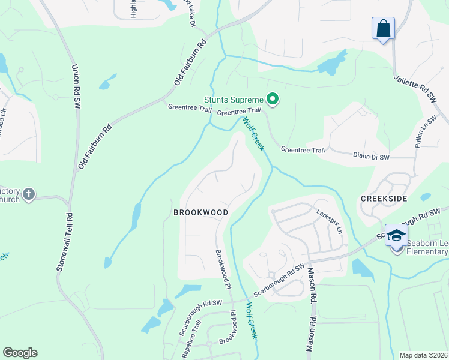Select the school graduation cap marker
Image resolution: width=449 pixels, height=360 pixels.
tap(396, 236)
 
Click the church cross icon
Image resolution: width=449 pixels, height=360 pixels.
tap(29, 194)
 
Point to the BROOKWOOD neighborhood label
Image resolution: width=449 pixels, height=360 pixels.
tap(200, 213)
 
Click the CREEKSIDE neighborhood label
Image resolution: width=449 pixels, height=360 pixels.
tap(384, 198)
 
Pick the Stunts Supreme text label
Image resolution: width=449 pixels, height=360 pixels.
tap(234, 100)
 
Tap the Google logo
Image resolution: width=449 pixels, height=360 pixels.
tap(20, 353)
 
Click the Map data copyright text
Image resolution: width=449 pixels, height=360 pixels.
tap(423, 355)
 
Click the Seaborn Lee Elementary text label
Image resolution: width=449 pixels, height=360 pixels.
tap(427, 247)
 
